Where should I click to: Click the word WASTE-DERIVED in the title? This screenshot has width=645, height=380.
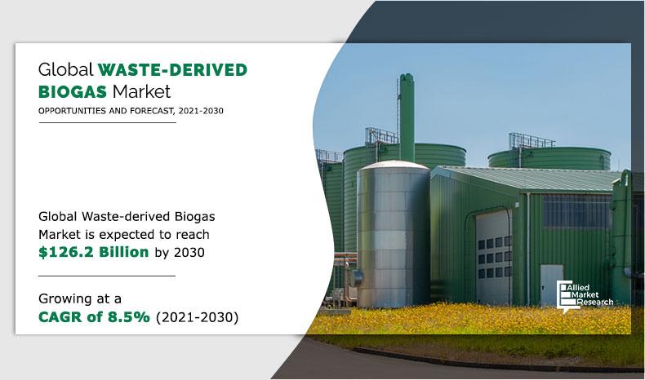(172, 69)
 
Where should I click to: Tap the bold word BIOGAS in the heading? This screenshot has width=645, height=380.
(73, 91)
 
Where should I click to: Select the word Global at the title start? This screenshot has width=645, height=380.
(66, 69)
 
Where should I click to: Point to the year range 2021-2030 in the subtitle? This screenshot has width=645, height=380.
(201, 111)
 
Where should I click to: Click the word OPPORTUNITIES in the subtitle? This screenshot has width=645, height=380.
(72, 111)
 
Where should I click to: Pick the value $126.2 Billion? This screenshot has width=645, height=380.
(93, 252)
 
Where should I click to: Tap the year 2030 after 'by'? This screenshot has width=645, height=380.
(189, 252)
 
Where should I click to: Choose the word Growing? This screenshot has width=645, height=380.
(69, 298)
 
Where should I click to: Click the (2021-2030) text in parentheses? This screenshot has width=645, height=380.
(197, 317)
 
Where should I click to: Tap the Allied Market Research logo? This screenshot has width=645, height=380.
(585, 296)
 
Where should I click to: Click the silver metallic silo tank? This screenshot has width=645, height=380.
(393, 234)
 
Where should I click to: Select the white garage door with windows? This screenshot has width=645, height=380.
(494, 257)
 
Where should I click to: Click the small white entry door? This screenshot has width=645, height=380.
(551, 285)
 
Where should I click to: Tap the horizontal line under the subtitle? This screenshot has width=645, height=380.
(107, 122)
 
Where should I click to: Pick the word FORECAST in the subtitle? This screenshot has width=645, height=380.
(151, 111)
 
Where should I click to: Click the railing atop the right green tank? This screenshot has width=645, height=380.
(531, 140)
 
